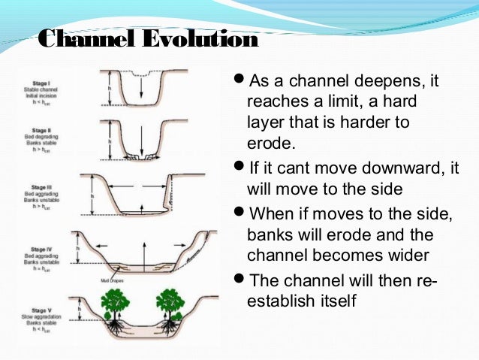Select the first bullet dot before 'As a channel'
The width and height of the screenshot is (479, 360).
pos(239,80)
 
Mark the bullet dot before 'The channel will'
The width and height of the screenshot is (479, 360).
pos(239,280)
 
